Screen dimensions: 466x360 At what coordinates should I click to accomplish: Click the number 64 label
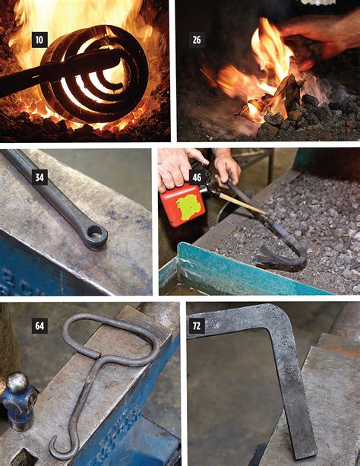[x=39, y=327]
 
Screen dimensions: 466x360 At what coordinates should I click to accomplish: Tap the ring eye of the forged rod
[x=96, y=236]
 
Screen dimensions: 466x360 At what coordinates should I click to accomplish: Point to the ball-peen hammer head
[x=17, y=396]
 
